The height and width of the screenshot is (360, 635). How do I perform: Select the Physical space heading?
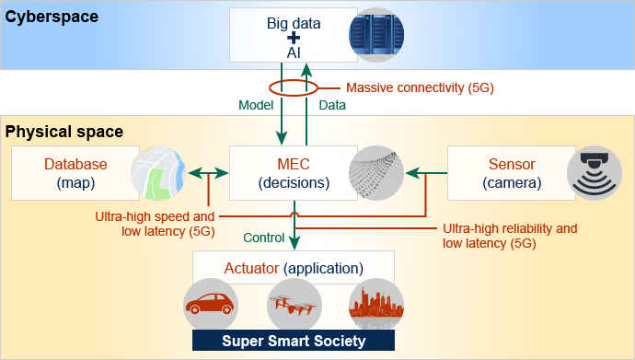64,132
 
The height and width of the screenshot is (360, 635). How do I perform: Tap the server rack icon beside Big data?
375,35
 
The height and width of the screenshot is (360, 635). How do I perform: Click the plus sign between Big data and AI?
294,39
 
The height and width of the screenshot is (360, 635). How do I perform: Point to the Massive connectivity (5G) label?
420,88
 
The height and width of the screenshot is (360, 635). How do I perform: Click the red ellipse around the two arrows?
294,89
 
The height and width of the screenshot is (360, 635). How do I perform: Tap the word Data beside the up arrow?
332,105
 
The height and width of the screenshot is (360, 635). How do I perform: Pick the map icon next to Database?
157,173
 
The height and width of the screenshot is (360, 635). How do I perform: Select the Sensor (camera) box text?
512,173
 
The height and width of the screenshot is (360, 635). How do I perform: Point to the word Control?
263,238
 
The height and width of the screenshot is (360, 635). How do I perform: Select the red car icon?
211,306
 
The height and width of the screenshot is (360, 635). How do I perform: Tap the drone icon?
294,306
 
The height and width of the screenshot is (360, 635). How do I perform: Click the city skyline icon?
375,306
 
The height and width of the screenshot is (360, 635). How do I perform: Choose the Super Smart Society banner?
294,342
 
